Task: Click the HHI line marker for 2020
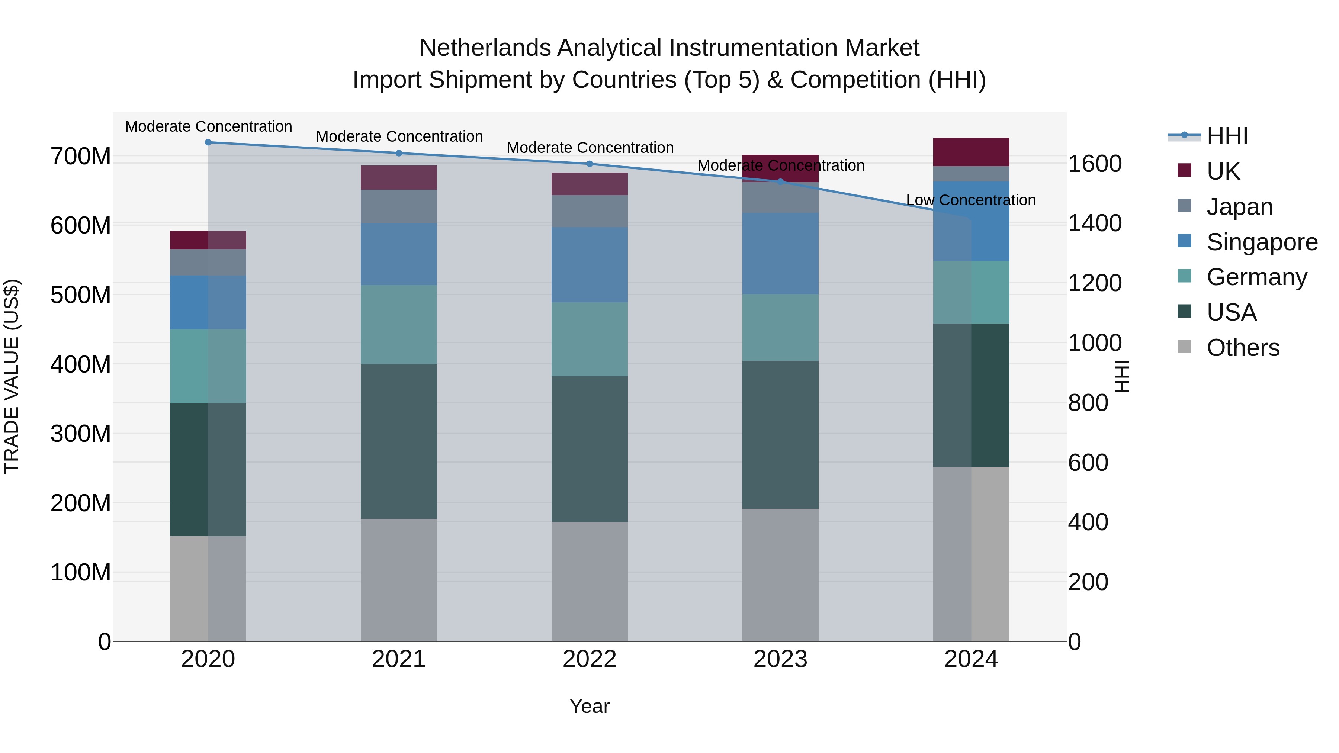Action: tap(208, 142)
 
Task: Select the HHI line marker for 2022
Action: tap(590, 164)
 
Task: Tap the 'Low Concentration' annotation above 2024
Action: tap(970, 200)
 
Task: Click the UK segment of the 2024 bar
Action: tap(971, 152)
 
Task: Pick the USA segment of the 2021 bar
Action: tap(399, 441)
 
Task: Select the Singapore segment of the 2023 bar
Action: tap(780, 253)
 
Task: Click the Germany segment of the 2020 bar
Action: tap(208, 366)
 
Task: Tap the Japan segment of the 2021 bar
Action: tap(399, 206)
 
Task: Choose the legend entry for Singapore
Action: tap(1262, 242)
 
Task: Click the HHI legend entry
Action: tap(1227, 136)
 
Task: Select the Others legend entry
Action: tap(1242, 348)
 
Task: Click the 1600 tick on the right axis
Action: tap(1095, 164)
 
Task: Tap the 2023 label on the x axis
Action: tap(780, 659)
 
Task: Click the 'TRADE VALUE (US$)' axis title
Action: tap(12, 376)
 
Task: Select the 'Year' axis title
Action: tap(590, 706)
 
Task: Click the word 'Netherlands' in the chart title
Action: tap(484, 48)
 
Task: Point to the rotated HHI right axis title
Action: tap(1122, 376)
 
